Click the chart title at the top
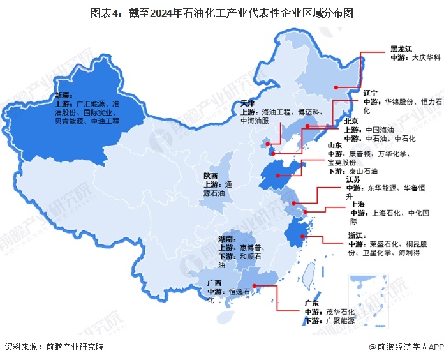point(222,12)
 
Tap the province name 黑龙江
point(401,49)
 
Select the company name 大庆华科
point(426,57)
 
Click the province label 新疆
point(64,95)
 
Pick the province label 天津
point(249,103)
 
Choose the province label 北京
point(352,121)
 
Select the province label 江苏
point(355,180)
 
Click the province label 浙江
point(357,236)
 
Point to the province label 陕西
point(211,175)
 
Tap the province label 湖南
point(226,238)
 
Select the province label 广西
point(214,283)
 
